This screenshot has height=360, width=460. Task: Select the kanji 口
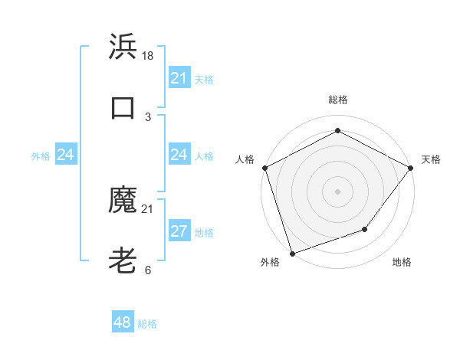point(123,108)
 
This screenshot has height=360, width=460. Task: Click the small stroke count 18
point(148,56)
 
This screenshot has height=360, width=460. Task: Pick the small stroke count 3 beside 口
point(148,116)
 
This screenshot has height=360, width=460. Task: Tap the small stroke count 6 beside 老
point(148,270)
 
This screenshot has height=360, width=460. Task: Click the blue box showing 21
point(179,78)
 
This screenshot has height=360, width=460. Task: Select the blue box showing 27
point(179,231)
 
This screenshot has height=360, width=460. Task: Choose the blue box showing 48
point(123,322)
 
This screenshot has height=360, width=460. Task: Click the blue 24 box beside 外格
point(66,155)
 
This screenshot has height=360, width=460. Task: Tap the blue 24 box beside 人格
point(179,155)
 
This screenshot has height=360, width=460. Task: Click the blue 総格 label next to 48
point(147,324)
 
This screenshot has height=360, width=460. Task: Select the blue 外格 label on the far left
point(41,155)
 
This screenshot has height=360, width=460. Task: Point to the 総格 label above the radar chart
point(337,100)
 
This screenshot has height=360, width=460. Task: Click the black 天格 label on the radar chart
point(431,159)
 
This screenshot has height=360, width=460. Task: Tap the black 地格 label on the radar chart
point(402,262)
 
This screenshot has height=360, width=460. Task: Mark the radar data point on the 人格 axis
point(264,168)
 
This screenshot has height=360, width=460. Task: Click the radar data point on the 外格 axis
point(292,253)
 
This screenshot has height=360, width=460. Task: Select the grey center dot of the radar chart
point(337,191)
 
